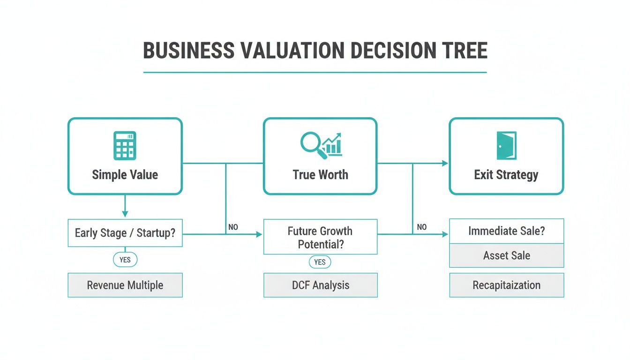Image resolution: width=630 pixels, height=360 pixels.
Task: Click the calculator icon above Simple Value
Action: (125, 145)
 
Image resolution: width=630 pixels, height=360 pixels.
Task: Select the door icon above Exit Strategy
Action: (506, 145)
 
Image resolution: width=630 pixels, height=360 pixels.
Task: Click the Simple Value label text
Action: (125, 175)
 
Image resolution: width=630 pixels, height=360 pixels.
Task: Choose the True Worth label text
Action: (320, 175)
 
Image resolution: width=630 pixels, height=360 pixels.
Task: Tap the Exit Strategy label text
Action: (506, 175)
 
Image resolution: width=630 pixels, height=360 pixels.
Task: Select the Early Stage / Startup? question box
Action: (125, 233)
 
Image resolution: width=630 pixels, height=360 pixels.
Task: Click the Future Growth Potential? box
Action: (320, 237)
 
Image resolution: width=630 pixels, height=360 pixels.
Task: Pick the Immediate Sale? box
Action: (506, 231)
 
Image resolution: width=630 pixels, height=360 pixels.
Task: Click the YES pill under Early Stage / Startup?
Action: (125, 259)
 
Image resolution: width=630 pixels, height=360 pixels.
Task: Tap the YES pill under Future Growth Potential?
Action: (320, 262)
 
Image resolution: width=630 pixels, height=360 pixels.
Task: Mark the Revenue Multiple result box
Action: (125, 285)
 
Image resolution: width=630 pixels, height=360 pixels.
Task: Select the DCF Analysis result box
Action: (320, 285)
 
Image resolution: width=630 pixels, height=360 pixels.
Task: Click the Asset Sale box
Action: (506, 255)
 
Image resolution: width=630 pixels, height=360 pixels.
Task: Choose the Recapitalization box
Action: (506, 285)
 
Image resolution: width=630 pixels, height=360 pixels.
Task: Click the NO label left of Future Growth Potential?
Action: (233, 227)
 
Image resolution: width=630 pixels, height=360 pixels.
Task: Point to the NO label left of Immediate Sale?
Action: (422, 227)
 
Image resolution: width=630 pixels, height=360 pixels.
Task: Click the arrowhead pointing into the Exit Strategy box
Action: (445, 163)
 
